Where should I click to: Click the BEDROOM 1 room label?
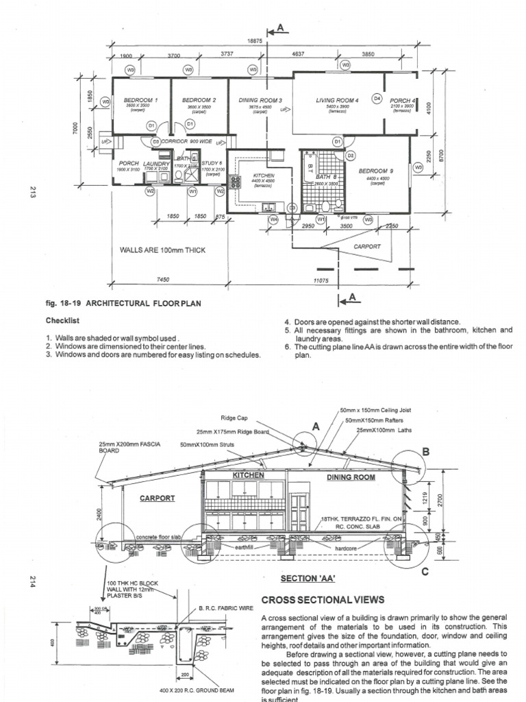[x=142, y=100]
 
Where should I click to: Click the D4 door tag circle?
[x=376, y=99]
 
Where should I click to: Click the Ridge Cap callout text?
[x=233, y=417]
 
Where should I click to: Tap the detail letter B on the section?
[x=425, y=452]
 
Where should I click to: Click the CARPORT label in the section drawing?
[x=158, y=498]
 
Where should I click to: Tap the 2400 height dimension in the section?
[x=99, y=511]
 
